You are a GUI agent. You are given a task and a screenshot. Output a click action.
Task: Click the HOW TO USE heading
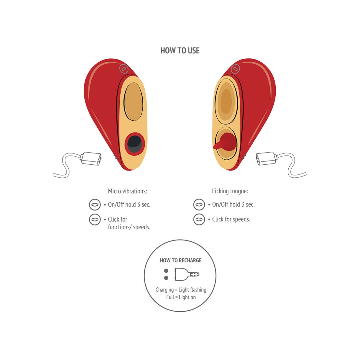pos(180,51)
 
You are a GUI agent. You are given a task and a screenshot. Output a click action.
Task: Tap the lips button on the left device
pos(124,69)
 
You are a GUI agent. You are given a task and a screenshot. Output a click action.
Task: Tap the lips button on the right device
pos(235,69)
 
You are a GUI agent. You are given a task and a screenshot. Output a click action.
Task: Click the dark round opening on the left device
pos(134,144)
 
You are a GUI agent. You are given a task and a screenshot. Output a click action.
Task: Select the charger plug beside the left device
pos(91,158)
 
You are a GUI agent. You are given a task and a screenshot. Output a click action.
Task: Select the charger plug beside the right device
pos(266,158)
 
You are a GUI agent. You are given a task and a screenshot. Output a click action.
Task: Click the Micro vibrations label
pos(127,191)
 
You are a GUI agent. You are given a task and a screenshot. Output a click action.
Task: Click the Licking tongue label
pos(230,191)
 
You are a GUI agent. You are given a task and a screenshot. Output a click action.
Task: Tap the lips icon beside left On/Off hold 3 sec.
pos(95,205)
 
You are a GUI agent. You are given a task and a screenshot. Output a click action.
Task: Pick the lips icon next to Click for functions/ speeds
pos(95,220)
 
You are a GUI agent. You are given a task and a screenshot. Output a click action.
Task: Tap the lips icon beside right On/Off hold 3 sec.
pos(199,205)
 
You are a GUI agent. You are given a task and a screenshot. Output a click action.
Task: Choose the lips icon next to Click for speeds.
pos(199,220)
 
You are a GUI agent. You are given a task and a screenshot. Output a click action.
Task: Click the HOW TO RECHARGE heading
pos(181,260)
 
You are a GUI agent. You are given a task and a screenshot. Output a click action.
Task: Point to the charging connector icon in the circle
pos(187,274)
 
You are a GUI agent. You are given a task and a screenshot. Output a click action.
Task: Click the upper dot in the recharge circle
pos(166,271)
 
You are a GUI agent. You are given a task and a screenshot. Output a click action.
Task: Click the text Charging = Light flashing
pos(181,290)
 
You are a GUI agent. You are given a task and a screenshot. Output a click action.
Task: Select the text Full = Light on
pos(181,297)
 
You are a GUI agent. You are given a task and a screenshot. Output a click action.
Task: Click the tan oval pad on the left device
pos(133,102)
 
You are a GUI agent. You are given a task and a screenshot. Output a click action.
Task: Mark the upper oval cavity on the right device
pos(226,101)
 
